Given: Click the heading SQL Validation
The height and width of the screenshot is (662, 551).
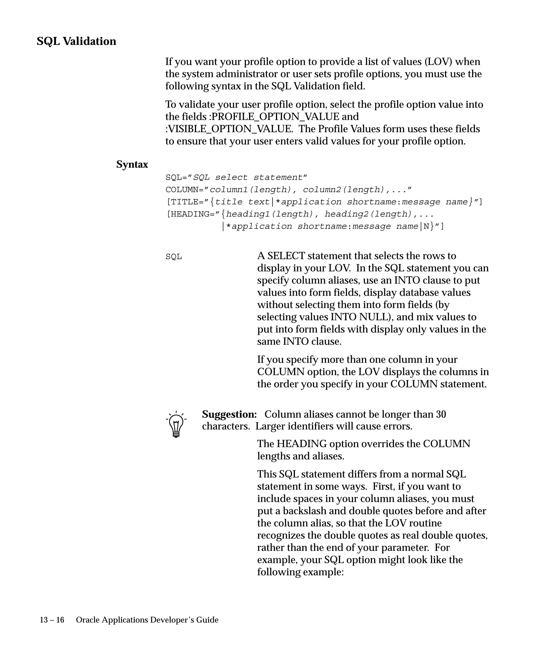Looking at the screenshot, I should pyautogui.click(x=76, y=41).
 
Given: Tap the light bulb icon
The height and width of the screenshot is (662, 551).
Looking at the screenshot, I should pyautogui.click(x=176, y=424).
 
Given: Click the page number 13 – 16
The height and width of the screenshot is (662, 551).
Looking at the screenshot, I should pyautogui.click(x=52, y=620).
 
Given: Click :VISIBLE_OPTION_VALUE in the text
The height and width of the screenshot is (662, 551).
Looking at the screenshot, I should pyautogui.click(x=229, y=129).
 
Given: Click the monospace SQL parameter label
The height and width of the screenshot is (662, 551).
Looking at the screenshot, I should pyautogui.click(x=174, y=257).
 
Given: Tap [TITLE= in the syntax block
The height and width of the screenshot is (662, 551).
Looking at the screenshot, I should pyautogui.click(x=185, y=202).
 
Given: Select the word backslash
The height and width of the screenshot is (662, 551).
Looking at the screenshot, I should pyautogui.click(x=305, y=511).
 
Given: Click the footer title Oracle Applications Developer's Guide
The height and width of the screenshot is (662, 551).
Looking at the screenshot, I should pyautogui.click(x=147, y=620).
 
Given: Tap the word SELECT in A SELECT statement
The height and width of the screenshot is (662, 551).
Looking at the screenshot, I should pyautogui.click(x=286, y=256).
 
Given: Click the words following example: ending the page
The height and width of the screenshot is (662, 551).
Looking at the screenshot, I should pyautogui.click(x=300, y=572).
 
